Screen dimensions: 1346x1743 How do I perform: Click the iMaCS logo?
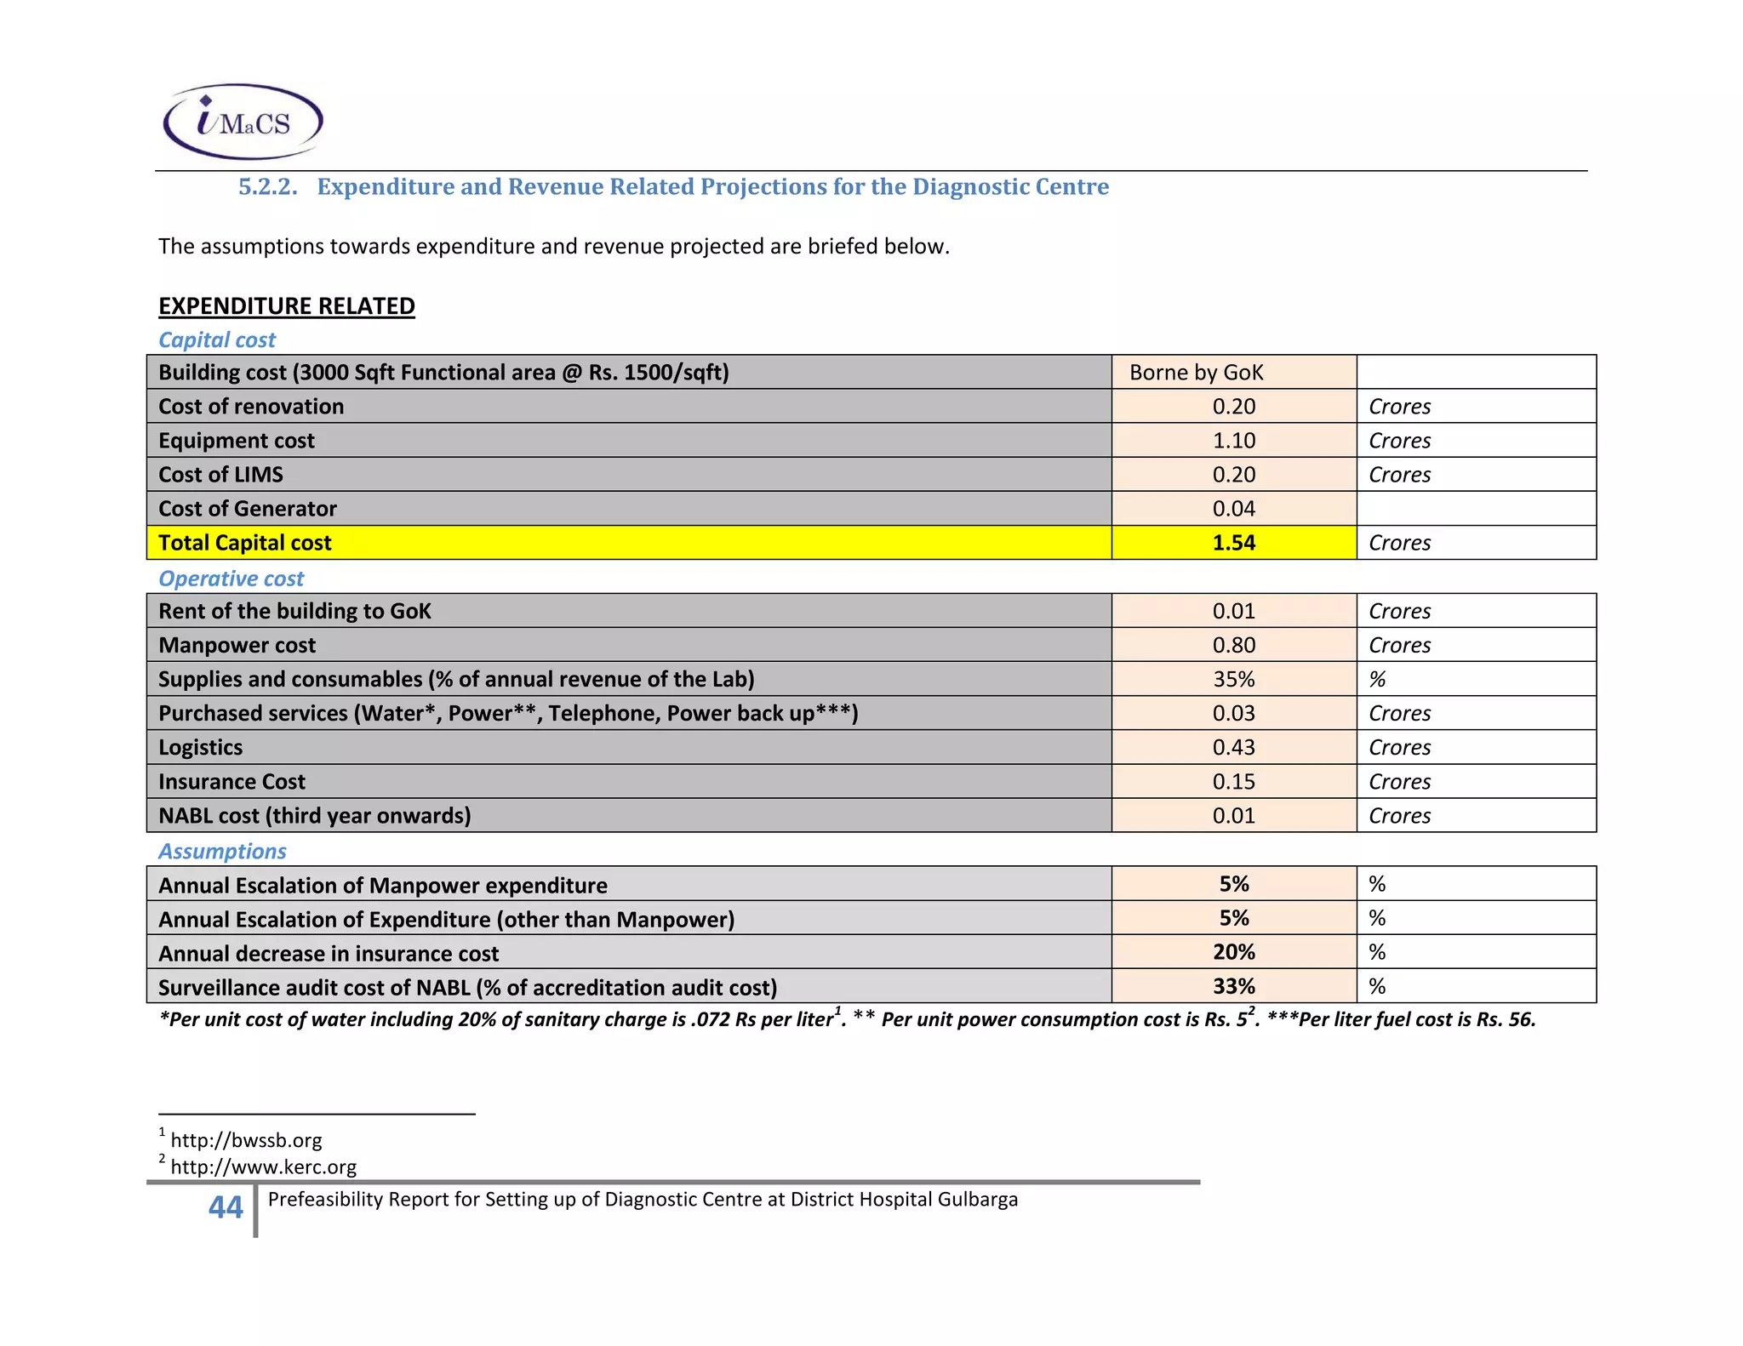[243, 122]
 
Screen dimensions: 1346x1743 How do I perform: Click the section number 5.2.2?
[267, 187]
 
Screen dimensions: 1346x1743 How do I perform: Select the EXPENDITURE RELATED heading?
[286, 306]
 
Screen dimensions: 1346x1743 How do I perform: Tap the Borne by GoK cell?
[1196, 373]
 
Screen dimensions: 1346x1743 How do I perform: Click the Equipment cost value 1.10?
[1233, 441]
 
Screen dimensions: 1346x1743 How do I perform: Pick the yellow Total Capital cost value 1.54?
[1233, 543]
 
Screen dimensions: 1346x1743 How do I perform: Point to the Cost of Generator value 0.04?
[1233, 509]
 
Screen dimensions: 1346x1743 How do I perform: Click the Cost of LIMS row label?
[220, 475]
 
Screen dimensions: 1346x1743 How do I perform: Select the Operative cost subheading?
[231, 579]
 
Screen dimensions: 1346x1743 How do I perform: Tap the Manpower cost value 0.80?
[1233, 645]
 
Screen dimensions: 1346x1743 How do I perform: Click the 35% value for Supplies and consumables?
[1233, 679]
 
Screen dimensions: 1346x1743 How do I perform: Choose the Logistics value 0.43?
[1233, 747]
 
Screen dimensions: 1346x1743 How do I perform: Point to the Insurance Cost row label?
[231, 781]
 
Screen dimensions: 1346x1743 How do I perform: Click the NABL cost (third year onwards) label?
[314, 815]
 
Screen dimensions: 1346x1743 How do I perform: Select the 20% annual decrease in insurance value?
[1233, 952]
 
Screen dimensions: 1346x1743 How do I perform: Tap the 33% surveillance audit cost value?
[1233, 986]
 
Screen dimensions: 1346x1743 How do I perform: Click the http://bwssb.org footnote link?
[246, 1140]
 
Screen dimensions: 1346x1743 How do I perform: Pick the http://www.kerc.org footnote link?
[263, 1166]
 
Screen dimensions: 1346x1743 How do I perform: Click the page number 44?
[226, 1207]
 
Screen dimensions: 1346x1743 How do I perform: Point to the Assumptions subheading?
[222, 851]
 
